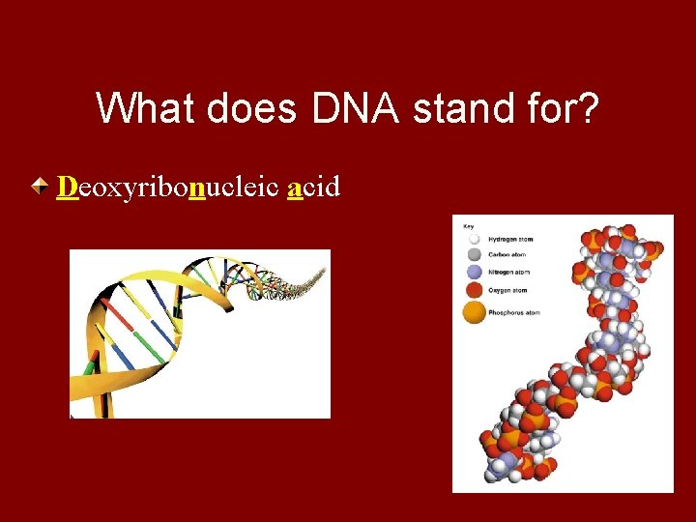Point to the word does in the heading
coord(261,108)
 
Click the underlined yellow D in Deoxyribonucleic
coord(67,186)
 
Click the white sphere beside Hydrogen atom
coord(474,239)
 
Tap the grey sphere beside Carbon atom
coord(474,255)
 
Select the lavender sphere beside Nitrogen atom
coord(474,273)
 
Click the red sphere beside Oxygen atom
coord(474,289)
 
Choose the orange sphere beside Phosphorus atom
coord(474,312)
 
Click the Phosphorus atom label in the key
coord(514,313)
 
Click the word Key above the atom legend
coord(469,226)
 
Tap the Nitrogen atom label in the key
coord(509,273)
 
